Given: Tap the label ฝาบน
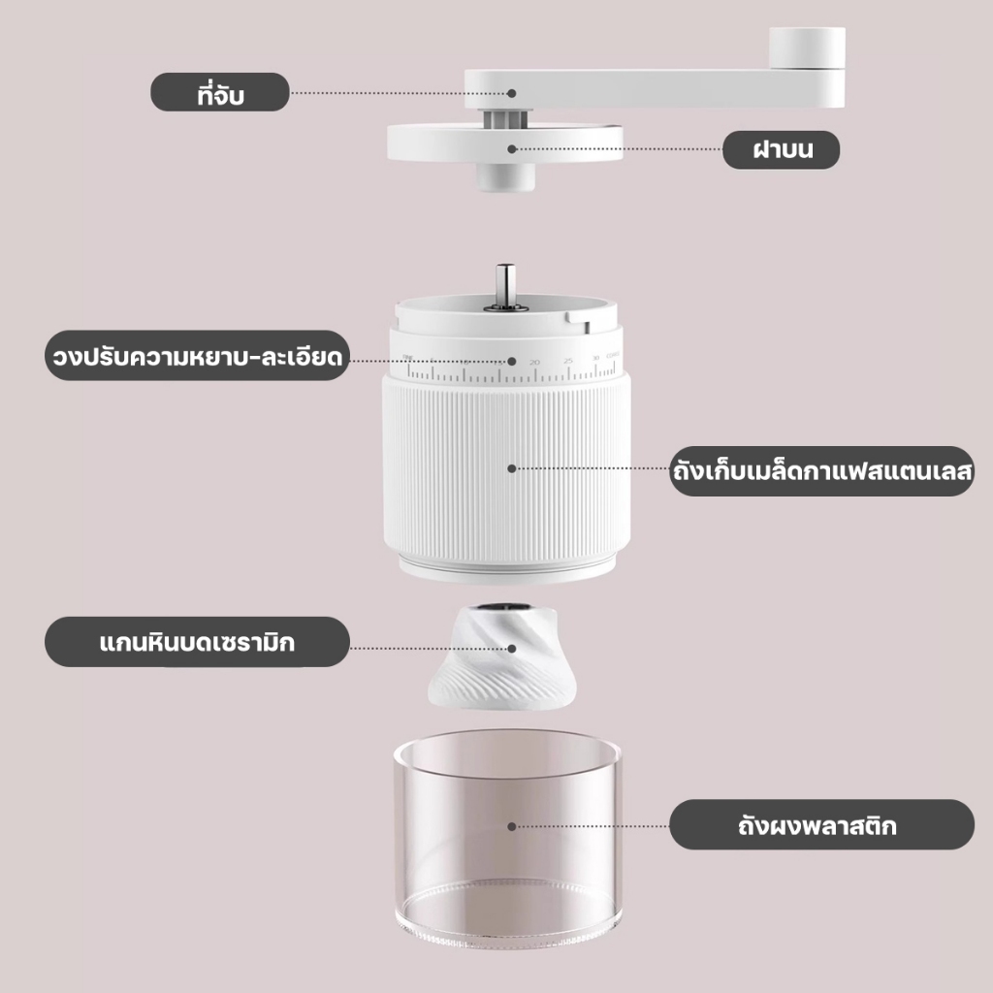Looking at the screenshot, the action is point(782,149).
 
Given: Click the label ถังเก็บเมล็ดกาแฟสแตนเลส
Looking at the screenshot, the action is point(822,470).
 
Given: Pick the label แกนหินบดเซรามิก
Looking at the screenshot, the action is point(197,642).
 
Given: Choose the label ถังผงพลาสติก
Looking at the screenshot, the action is point(822,824).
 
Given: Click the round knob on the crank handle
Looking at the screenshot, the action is point(808,48).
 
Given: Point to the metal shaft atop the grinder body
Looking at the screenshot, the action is point(504,286).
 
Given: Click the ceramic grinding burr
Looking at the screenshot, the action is point(502,657).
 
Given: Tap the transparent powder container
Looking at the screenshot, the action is point(507,839).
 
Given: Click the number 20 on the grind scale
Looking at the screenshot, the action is point(534,363).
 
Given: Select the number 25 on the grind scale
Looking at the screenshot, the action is point(568,361).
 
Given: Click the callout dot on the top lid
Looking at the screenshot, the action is point(512,148).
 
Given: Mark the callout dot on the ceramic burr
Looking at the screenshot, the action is point(512,649).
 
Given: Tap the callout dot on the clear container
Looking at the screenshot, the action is point(512,826).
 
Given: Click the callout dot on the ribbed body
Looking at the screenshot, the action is point(512,468).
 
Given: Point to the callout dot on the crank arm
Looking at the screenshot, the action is point(512,93).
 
